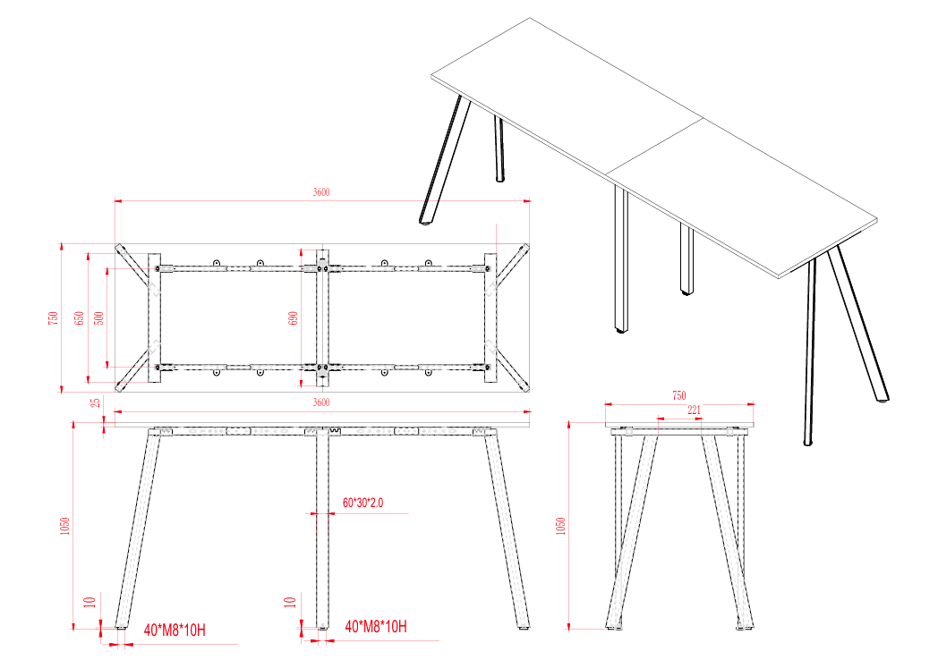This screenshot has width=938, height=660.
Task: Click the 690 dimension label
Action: tap(294, 317)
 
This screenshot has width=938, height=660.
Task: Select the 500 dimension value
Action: tap(98, 317)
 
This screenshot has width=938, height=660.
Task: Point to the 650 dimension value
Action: tap(80, 317)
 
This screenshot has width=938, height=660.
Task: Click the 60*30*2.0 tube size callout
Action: tap(362, 503)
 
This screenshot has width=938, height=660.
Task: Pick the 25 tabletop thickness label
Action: tap(95, 404)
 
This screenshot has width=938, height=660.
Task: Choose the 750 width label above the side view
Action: tap(678, 395)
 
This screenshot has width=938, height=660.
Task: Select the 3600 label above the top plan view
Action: tap(321, 192)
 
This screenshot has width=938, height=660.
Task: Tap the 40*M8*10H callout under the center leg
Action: tap(376, 628)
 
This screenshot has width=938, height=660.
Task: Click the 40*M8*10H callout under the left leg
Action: tap(175, 629)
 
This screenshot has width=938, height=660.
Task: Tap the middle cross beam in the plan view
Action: tap(322, 317)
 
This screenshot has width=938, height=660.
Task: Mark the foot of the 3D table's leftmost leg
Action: tap(427, 217)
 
